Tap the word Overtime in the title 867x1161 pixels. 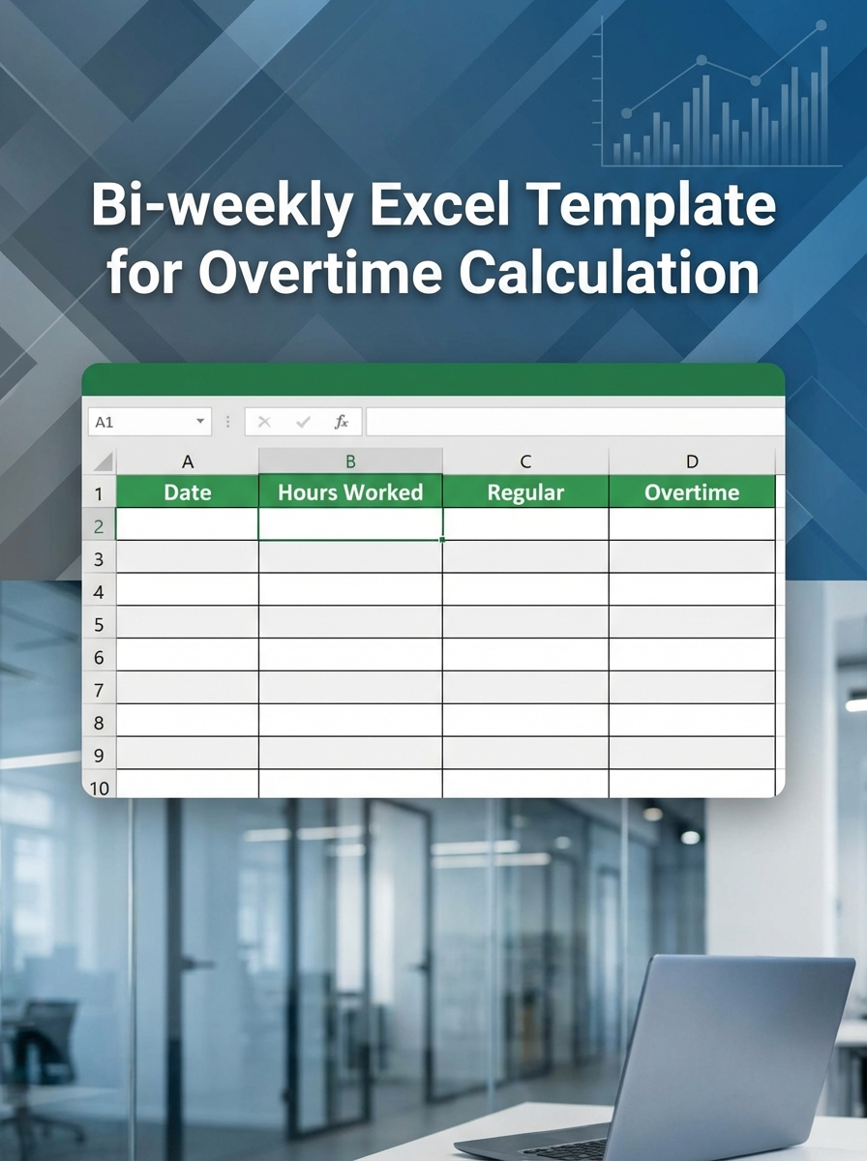click(324, 272)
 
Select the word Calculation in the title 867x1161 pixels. click(609, 272)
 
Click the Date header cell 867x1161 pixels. click(188, 491)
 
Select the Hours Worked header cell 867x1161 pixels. click(350, 491)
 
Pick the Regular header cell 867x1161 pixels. click(525, 491)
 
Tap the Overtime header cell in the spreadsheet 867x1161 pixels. click(692, 491)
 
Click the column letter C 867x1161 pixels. click(525, 461)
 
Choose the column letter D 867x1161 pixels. click(692, 461)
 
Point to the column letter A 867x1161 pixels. click(188, 461)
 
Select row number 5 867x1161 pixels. click(99, 624)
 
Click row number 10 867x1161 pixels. click(99, 788)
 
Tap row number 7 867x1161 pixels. click(99, 690)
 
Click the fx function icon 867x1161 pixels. click(342, 422)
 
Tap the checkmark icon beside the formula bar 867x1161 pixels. click(304, 422)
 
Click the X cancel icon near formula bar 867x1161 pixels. click(265, 422)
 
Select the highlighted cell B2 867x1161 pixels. click(350, 524)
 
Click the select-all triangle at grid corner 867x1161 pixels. click(103, 462)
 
